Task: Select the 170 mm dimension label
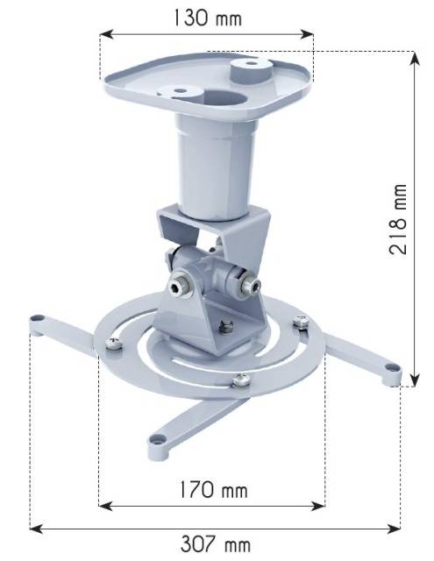point(210,488)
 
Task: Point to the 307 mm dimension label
point(215,543)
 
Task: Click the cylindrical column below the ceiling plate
point(210,167)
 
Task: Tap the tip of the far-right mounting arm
point(391,373)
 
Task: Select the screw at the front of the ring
point(241,379)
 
